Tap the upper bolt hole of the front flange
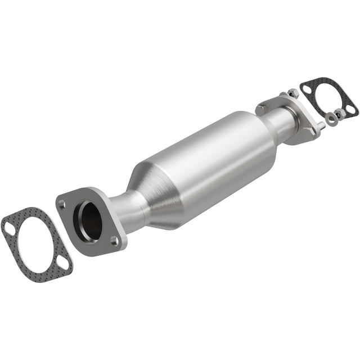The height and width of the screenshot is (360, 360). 62,205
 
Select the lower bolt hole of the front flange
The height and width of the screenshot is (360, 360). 114,241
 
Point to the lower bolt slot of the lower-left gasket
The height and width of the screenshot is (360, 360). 63,263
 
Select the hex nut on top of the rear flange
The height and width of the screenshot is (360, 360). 292,93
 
